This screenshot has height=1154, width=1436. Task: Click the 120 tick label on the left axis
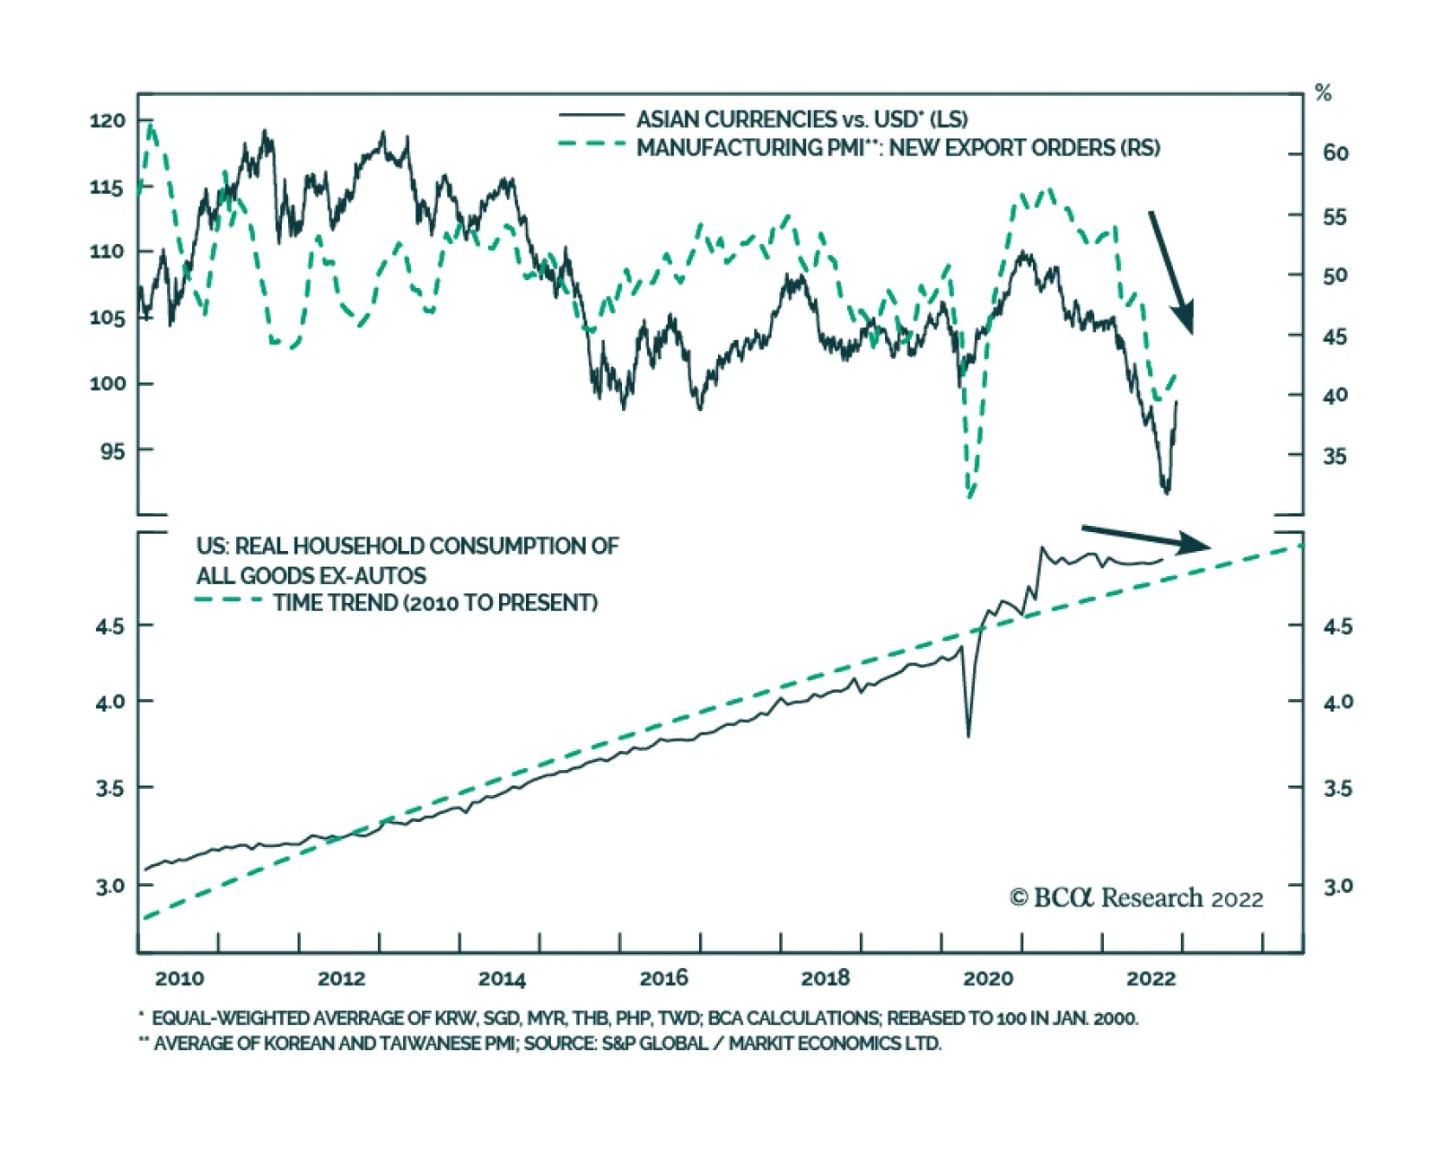coord(107,120)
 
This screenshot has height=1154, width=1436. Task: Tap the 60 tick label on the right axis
coord(1335,153)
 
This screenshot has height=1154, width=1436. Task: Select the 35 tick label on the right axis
coord(1335,457)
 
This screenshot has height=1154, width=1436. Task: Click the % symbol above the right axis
coord(1323,93)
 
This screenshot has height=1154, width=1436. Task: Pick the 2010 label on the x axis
coord(179,978)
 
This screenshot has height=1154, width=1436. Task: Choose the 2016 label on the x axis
coord(663,978)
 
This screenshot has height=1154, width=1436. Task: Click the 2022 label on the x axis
coord(1150,978)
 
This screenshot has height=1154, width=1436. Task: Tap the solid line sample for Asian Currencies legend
coord(591,116)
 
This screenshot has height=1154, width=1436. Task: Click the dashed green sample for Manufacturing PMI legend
coord(591,144)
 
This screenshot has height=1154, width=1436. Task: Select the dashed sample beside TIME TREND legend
coord(229,599)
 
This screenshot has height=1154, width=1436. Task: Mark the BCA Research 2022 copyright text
coord(1136,898)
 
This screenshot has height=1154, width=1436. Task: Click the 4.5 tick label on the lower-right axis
coord(1337,626)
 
